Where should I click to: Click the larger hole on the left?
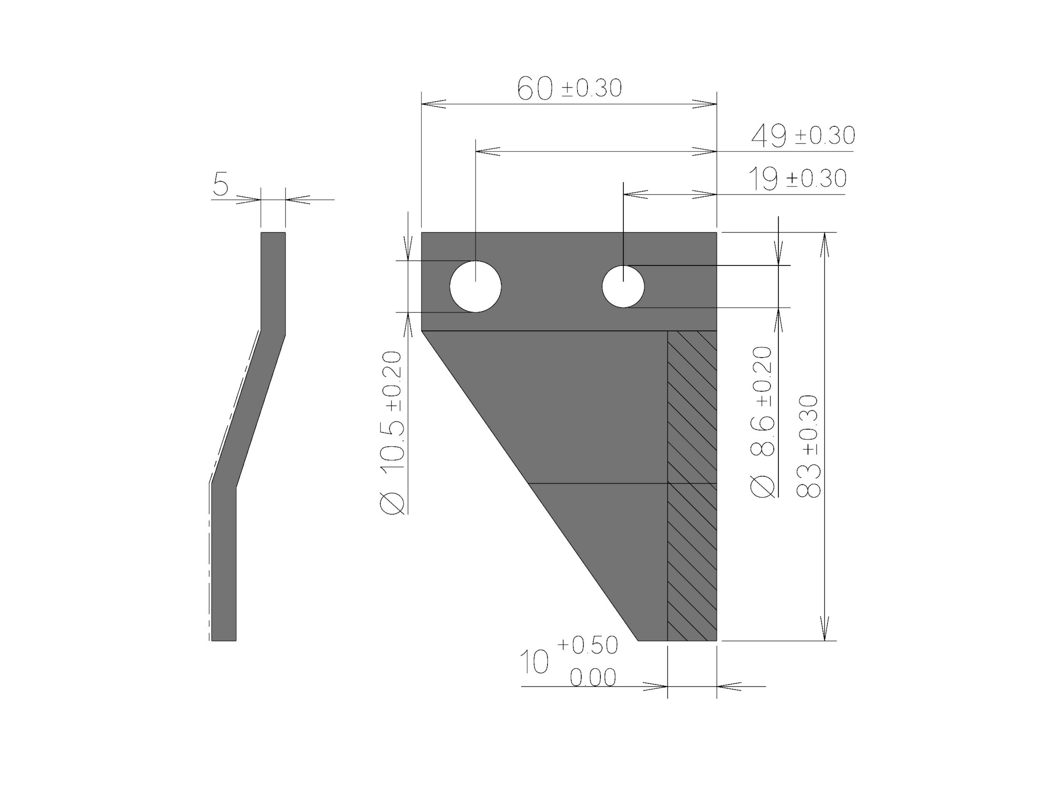pyautogui.click(x=475, y=287)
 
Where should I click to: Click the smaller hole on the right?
pyautogui.click(x=623, y=287)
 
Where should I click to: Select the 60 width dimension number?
pyautogui.click(x=535, y=89)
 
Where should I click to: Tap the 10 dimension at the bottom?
pyautogui.click(x=535, y=662)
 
